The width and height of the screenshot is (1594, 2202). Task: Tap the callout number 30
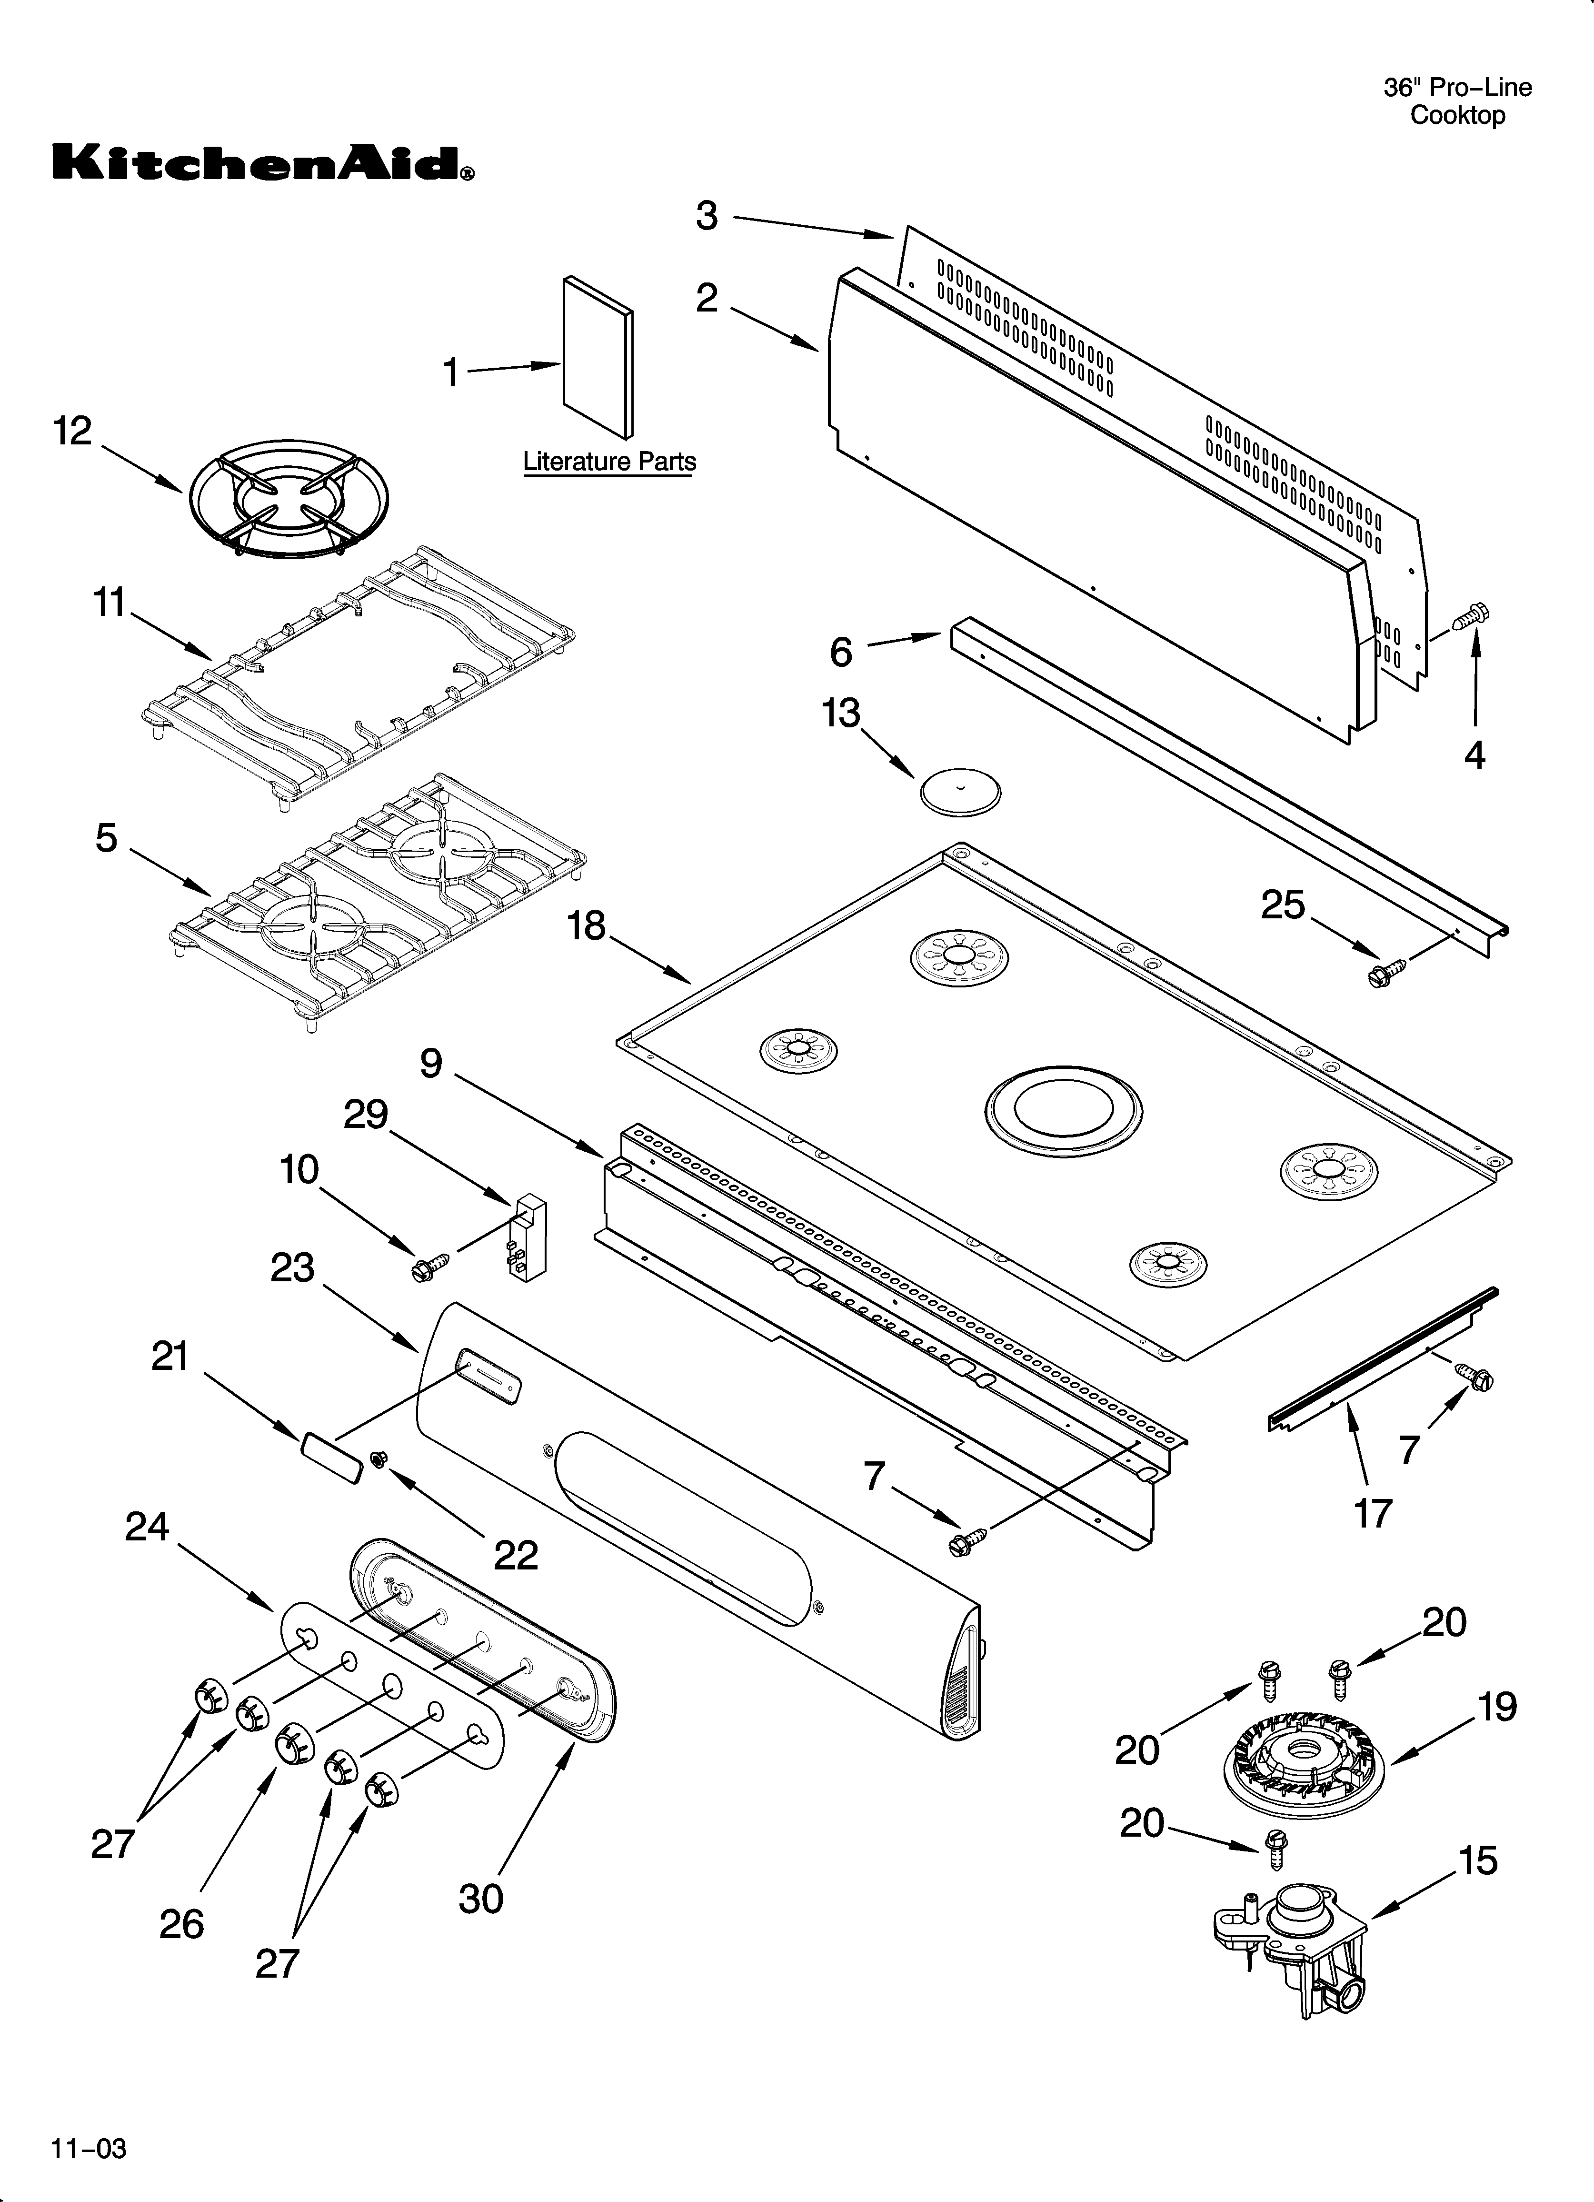[x=480, y=1898]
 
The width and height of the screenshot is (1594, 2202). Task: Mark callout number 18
[x=587, y=926]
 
